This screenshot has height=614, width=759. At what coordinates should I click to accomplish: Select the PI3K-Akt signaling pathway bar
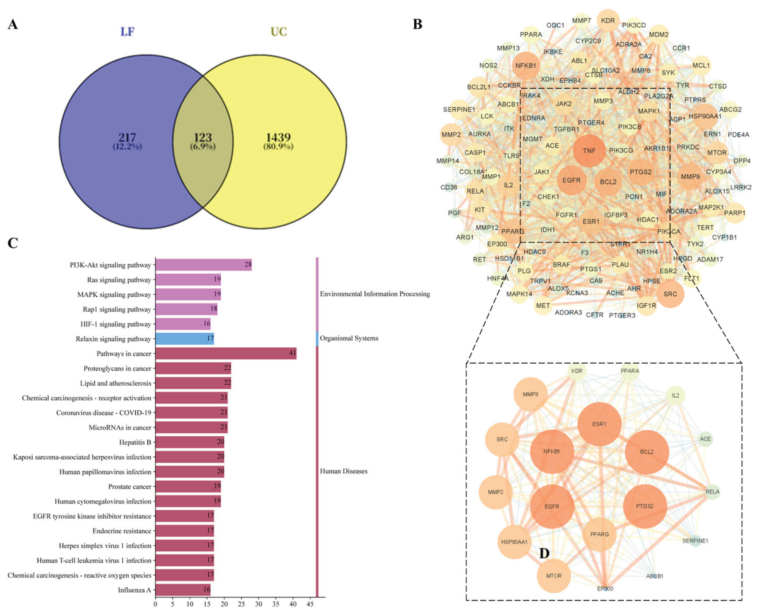click(203, 265)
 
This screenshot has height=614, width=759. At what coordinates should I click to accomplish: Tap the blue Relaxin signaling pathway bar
click(185, 339)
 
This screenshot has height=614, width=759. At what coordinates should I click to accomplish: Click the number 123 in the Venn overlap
click(203, 138)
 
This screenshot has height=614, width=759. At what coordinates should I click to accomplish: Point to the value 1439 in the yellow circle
click(278, 138)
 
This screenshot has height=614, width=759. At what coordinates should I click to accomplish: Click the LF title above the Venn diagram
click(127, 32)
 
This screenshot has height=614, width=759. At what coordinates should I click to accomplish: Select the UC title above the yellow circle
click(279, 32)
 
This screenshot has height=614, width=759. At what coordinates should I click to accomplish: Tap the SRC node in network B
click(670, 294)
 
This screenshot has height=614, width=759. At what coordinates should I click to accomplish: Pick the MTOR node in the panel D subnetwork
click(554, 575)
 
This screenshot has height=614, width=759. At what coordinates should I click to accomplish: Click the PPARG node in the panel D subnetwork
click(599, 534)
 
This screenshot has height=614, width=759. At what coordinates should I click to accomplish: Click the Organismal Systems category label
click(349, 338)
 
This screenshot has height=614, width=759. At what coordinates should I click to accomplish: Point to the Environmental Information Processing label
click(375, 294)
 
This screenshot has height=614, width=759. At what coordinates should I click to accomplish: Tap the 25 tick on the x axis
click(241, 604)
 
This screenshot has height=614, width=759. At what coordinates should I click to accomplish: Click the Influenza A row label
click(134, 589)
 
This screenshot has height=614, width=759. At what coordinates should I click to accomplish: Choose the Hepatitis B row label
click(135, 442)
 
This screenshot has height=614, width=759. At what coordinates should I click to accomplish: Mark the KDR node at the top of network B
click(608, 20)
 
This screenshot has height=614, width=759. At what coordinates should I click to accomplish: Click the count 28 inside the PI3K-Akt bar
click(247, 265)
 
